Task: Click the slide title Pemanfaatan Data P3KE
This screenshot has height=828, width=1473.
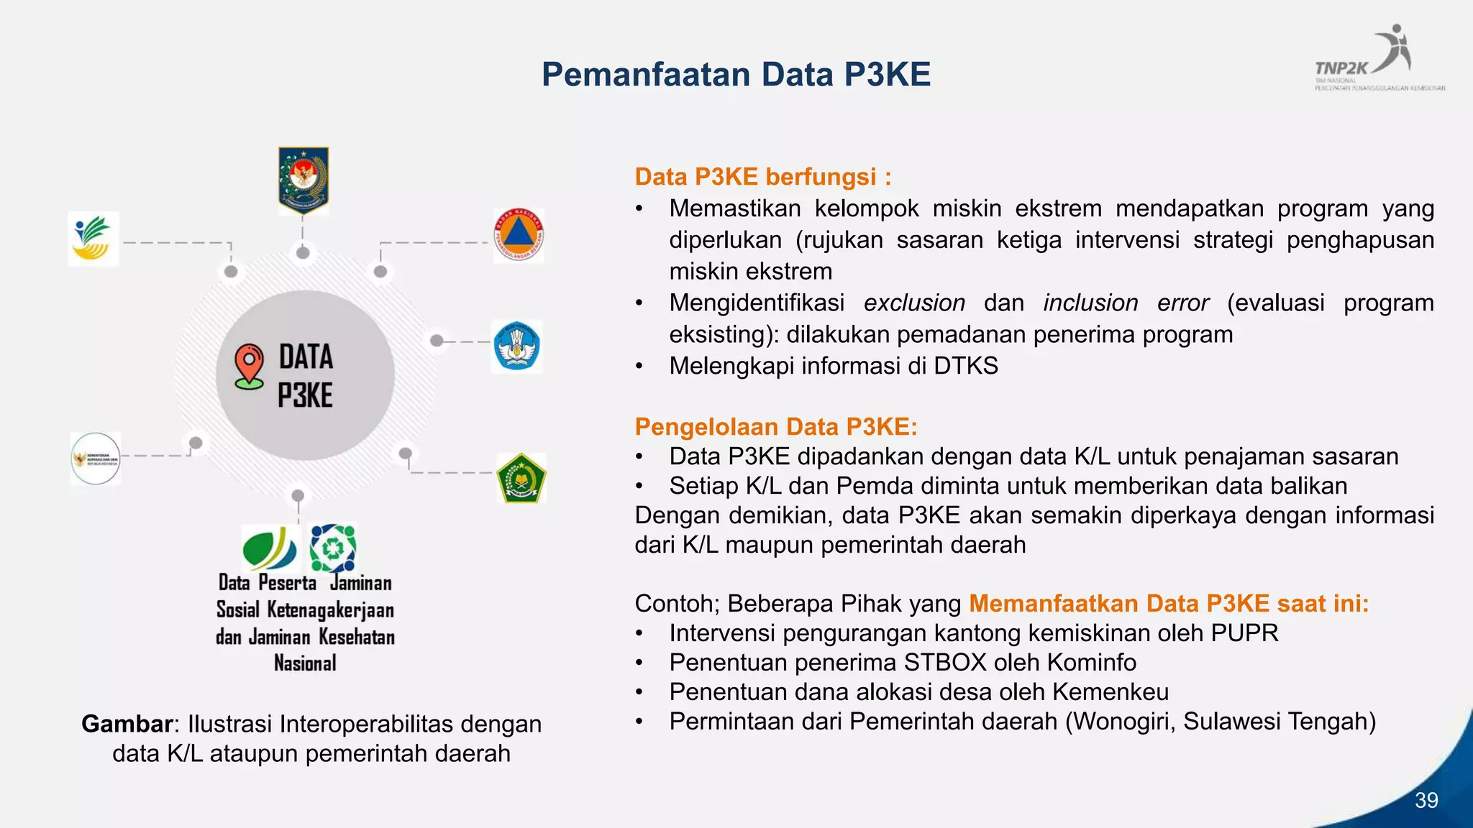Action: click(736, 75)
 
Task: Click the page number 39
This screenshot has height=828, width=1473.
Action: click(1426, 800)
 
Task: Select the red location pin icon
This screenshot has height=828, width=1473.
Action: click(249, 366)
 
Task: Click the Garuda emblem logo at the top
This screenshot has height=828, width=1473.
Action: click(304, 180)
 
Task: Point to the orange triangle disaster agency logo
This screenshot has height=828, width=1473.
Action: click(519, 236)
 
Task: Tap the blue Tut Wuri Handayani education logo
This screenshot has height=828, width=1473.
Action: click(516, 346)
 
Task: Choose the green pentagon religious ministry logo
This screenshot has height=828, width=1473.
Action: click(521, 478)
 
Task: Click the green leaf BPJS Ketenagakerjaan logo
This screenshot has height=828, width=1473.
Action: click(270, 549)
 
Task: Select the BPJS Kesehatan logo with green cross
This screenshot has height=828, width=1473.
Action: click(333, 548)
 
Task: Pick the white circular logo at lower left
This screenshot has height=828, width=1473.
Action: click(96, 459)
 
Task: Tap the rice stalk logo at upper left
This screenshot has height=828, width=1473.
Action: click(93, 239)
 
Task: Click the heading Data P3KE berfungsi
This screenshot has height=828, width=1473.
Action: click(762, 177)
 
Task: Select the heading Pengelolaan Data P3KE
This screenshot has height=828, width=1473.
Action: click(775, 427)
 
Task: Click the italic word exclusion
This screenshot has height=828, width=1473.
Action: click(914, 303)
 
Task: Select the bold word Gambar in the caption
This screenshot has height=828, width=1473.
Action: click(127, 724)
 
